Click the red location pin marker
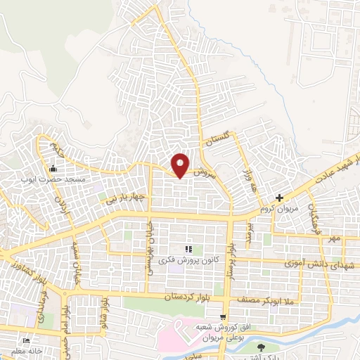point(181,165)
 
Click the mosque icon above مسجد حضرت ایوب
point(53,169)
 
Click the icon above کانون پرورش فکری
point(188,250)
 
